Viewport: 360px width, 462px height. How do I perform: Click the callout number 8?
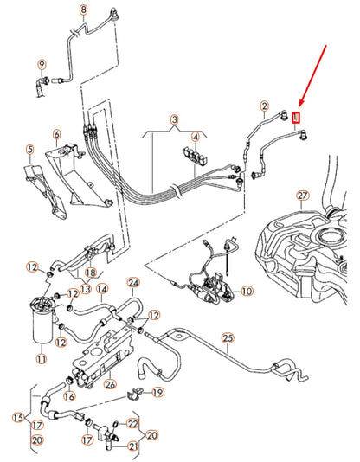pyautogui.click(x=83, y=10)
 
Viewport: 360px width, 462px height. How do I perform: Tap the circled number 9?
pyautogui.click(x=41, y=64)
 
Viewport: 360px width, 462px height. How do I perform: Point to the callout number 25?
pyautogui.click(x=228, y=338)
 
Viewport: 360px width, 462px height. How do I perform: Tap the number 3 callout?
pyautogui.click(x=174, y=119)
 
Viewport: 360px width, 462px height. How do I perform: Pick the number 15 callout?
pyautogui.click(x=18, y=418)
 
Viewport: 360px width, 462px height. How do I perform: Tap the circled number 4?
pyautogui.click(x=196, y=137)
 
